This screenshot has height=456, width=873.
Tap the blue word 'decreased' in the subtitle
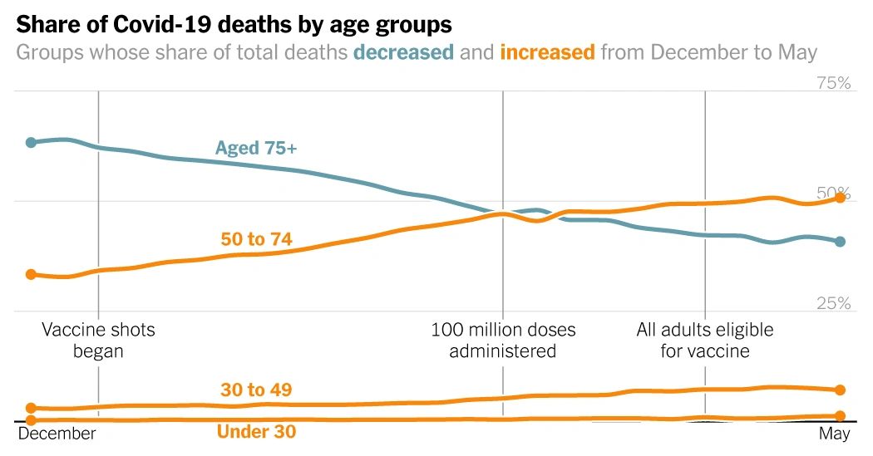pyautogui.click(x=403, y=53)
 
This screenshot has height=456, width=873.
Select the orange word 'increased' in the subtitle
pyautogui.click(x=547, y=53)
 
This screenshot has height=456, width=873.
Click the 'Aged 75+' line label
pyautogui.click(x=256, y=149)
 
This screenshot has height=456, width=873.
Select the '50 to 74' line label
pyautogui.click(x=256, y=240)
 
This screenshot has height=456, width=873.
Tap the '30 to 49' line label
pyautogui.click(x=256, y=390)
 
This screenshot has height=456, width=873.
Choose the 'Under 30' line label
pyautogui.click(x=256, y=432)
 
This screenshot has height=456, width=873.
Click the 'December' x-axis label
pyautogui.click(x=57, y=434)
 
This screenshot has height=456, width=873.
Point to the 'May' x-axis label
pyautogui.click(x=834, y=434)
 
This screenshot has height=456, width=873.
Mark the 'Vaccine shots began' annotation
pyautogui.click(x=98, y=341)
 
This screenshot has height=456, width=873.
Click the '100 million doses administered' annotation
pyautogui.click(x=503, y=341)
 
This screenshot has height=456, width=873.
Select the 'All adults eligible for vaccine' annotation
pyautogui.click(x=705, y=341)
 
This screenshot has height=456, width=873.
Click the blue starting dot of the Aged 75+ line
pyautogui.click(x=31, y=143)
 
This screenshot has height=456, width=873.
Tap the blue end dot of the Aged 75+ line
pyautogui.click(x=840, y=242)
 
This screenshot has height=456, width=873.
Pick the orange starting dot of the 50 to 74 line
pyautogui.click(x=31, y=274)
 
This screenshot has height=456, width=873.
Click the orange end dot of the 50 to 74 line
pyautogui.click(x=840, y=198)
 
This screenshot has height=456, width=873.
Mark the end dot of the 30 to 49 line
pyautogui.click(x=840, y=390)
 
